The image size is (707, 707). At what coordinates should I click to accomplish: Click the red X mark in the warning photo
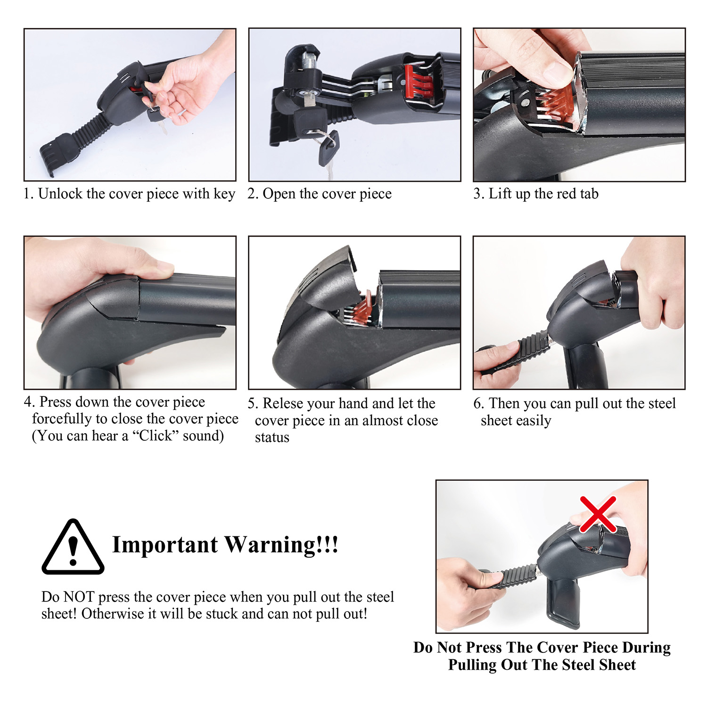[x=598, y=514]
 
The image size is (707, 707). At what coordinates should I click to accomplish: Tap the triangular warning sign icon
[x=73, y=547]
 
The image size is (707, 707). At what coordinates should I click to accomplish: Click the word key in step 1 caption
[x=224, y=194]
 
